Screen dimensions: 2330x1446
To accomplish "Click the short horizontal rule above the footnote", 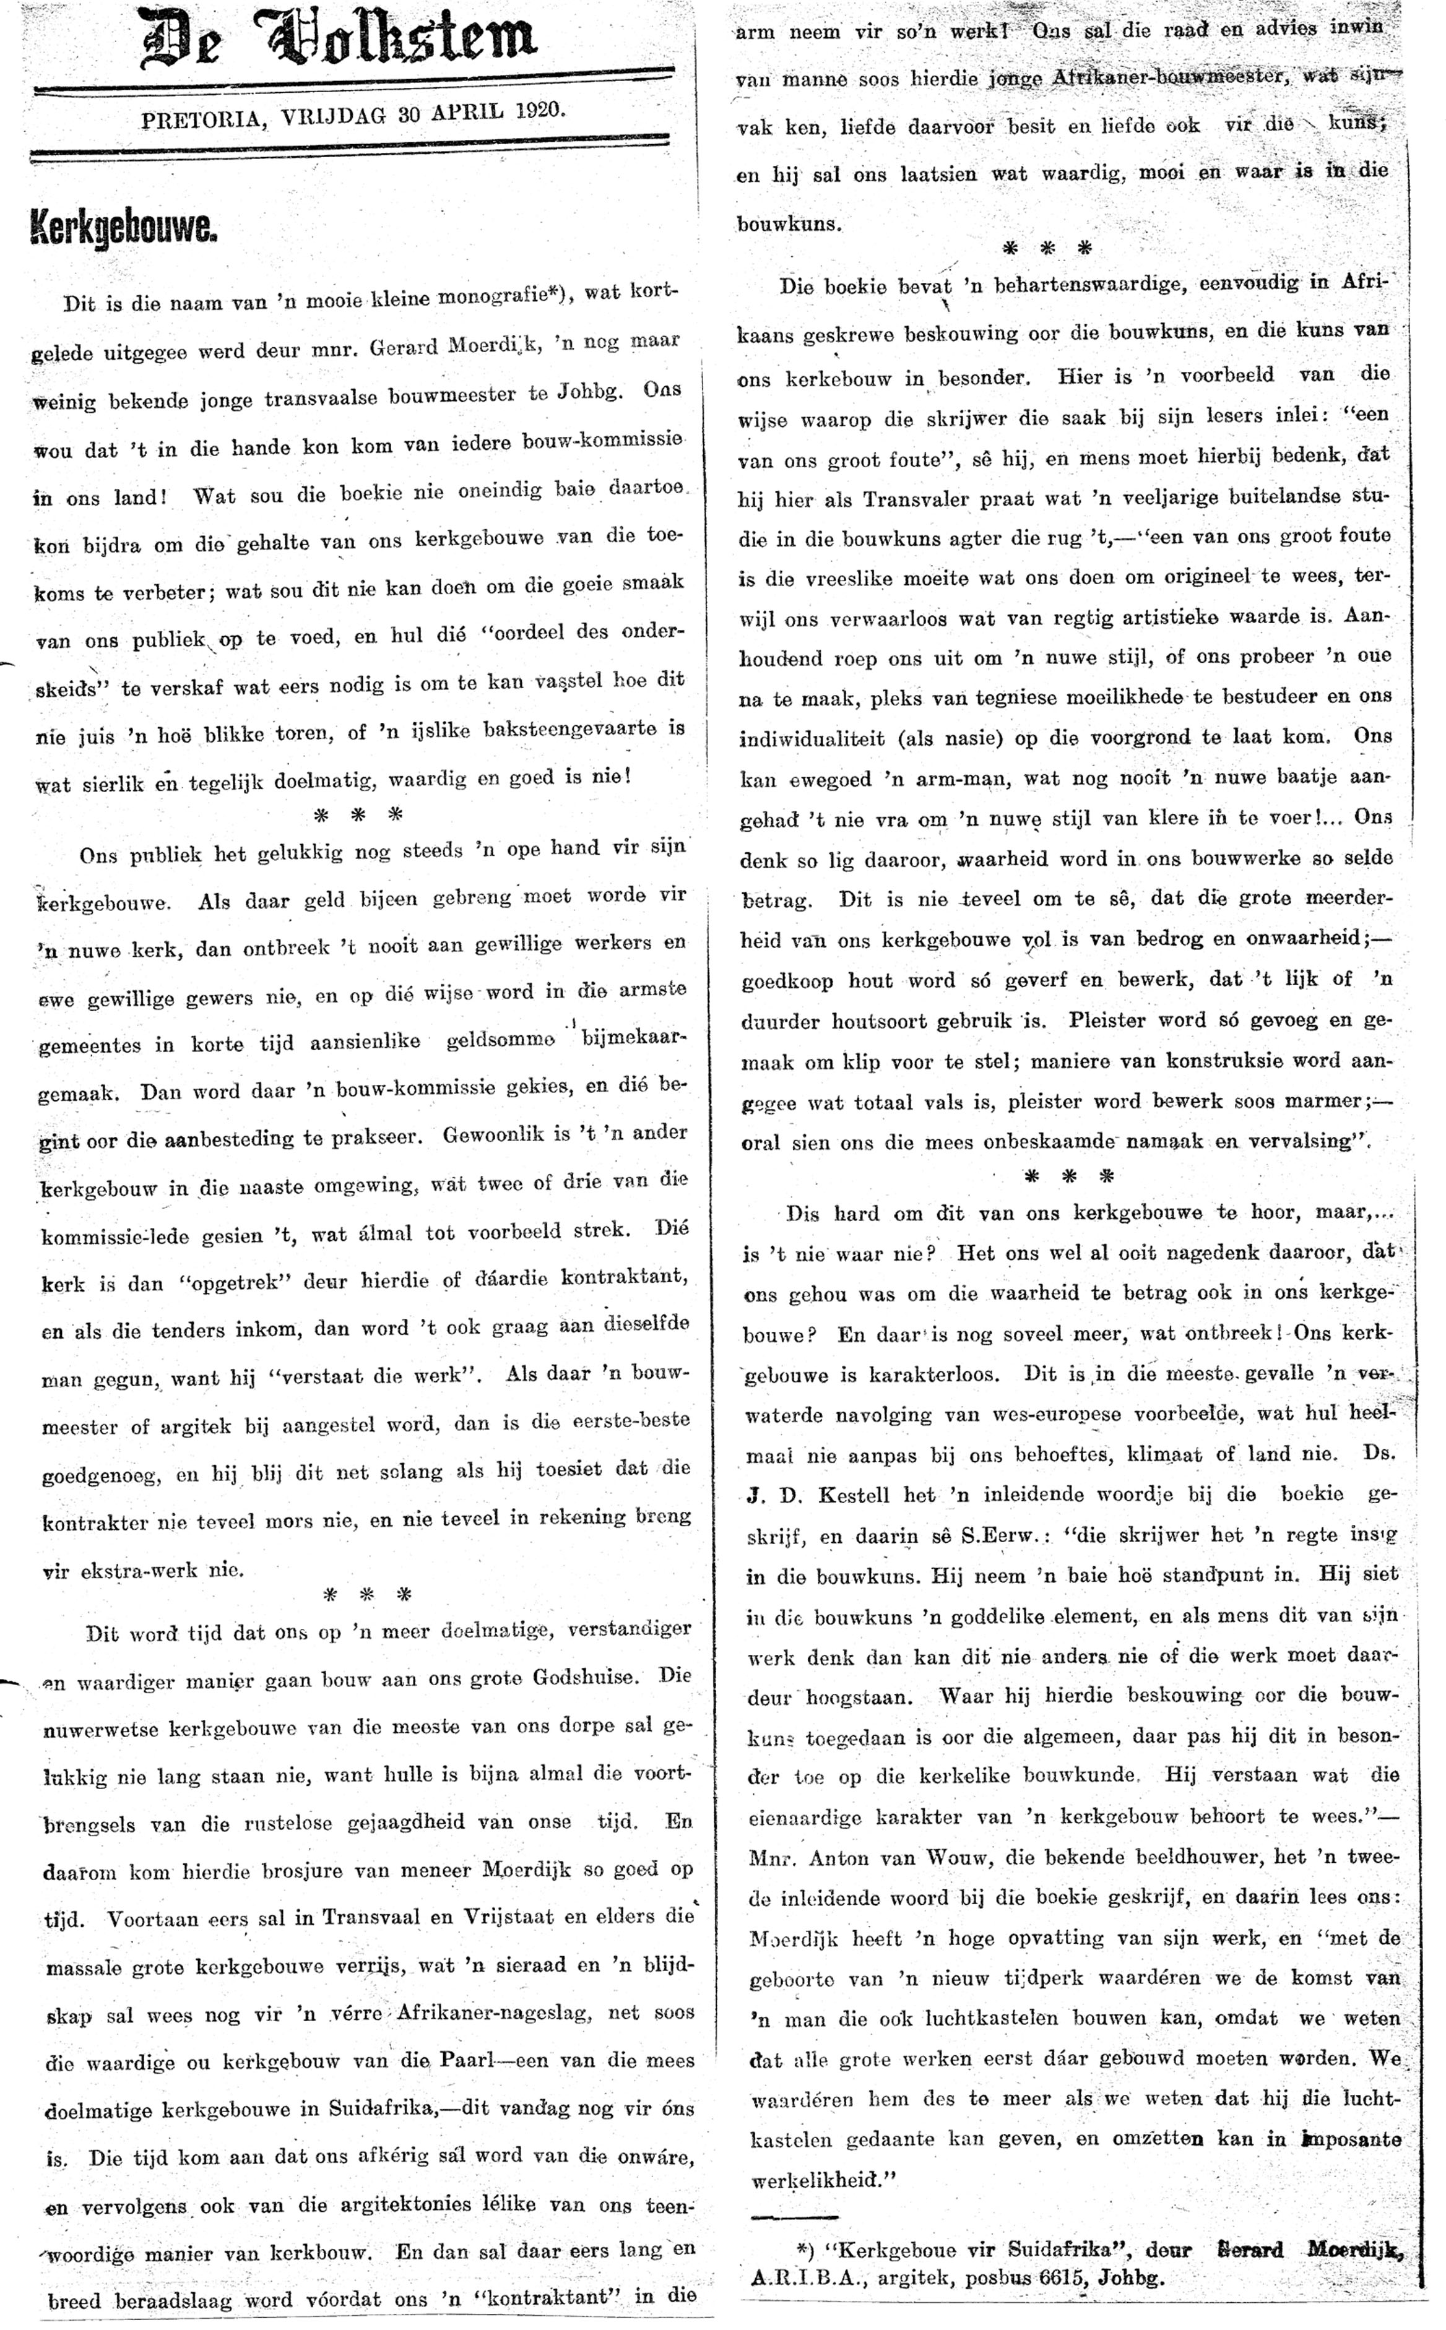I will pos(794,2216).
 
